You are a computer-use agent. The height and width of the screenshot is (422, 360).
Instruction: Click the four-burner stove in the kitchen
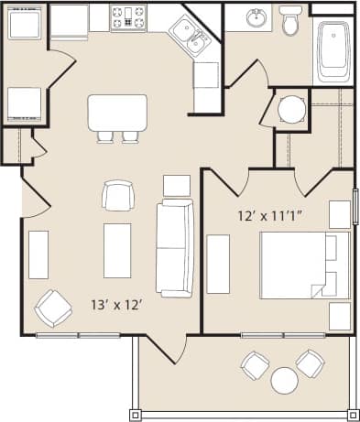click(x=129, y=17)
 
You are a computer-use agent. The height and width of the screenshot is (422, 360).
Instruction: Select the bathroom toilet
click(x=291, y=20)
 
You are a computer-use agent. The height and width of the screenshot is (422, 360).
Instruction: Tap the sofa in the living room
click(x=174, y=248)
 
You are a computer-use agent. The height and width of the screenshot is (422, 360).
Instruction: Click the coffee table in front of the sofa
click(x=117, y=250)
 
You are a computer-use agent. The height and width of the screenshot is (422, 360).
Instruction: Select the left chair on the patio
click(x=254, y=365)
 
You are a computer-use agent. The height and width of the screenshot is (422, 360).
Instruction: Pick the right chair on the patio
click(x=311, y=363)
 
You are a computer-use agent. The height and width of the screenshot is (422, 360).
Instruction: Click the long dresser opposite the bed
click(x=218, y=264)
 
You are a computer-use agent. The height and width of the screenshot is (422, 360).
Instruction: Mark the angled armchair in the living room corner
click(x=52, y=308)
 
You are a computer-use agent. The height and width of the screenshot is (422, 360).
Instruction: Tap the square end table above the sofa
click(x=176, y=185)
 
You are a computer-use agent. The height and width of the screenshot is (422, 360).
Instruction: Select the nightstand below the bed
click(x=339, y=316)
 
